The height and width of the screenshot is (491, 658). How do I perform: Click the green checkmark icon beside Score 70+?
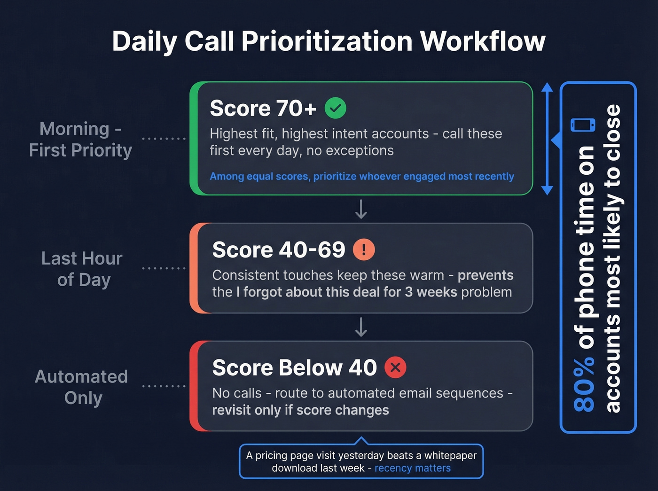click(x=336, y=108)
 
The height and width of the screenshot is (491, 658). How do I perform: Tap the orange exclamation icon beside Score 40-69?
click(x=364, y=249)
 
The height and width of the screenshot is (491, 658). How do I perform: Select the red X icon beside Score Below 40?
click(x=395, y=367)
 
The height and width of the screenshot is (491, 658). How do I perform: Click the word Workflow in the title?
click(x=483, y=41)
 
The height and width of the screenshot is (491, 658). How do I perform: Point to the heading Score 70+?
click(x=263, y=109)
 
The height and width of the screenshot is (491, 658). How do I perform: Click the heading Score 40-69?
click(x=279, y=250)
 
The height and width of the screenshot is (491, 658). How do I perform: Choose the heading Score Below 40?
click(x=294, y=368)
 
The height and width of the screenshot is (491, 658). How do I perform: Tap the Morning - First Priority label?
click(x=80, y=140)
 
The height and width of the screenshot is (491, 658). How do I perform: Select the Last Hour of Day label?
click(x=82, y=269)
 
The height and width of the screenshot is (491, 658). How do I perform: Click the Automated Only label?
click(x=82, y=387)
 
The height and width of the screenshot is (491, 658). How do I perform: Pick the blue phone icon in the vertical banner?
click(x=583, y=125)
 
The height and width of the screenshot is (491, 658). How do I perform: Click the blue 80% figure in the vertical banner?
click(x=584, y=384)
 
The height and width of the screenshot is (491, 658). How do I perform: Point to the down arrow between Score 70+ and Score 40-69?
click(x=361, y=210)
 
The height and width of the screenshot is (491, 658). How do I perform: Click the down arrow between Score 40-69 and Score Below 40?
click(x=361, y=327)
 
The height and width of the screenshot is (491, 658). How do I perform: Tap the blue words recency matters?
click(x=412, y=468)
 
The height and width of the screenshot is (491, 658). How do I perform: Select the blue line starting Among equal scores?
click(x=361, y=177)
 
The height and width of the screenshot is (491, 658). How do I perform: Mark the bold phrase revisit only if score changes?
click(x=300, y=410)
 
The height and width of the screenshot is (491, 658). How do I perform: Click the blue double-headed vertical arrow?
click(x=547, y=139)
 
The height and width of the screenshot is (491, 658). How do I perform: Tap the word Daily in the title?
click(x=144, y=41)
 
